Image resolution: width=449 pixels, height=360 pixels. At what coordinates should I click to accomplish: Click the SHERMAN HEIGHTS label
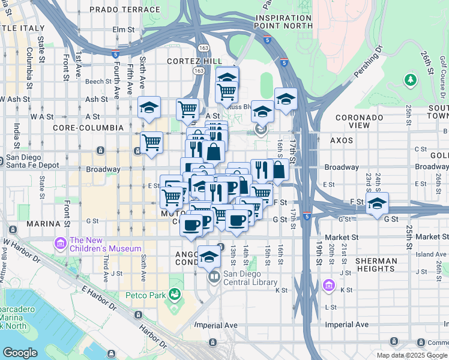[x=376, y=265]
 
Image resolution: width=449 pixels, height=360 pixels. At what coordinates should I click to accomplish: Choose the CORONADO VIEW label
[x=360, y=121]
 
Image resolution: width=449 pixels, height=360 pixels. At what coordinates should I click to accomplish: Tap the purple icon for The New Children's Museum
[x=60, y=244]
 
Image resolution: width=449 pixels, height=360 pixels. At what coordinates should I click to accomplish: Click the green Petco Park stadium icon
[x=175, y=294]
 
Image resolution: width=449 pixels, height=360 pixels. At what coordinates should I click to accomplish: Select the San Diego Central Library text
[x=250, y=278]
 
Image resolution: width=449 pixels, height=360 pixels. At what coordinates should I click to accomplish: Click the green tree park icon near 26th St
[x=411, y=79]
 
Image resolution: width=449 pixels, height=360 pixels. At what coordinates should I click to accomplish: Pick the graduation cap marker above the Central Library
[x=209, y=256]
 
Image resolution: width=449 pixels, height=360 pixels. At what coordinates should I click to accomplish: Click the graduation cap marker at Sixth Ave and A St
[x=149, y=107]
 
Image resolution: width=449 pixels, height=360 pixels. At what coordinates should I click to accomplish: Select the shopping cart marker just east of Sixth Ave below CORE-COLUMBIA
[x=152, y=143]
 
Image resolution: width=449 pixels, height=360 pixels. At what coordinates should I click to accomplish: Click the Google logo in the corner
[x=20, y=353]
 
